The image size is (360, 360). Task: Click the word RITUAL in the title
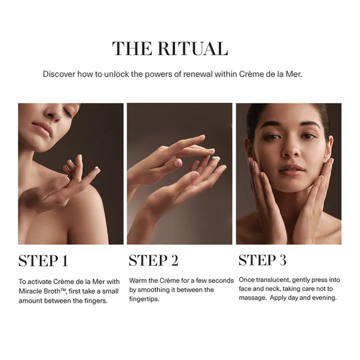pos(193,48)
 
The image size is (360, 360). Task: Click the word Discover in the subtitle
pos(59,74)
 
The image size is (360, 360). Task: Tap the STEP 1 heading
pos(43,261)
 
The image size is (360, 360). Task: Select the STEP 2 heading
pos(154,260)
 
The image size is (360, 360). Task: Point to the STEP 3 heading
pos(263,260)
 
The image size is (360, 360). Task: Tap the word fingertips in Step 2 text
pos(144,299)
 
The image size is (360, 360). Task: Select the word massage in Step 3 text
pos(253,298)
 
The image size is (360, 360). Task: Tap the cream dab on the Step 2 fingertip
pos(216,158)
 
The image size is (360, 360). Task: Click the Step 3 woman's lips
pos(292,169)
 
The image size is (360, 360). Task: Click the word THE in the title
pos(132,48)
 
